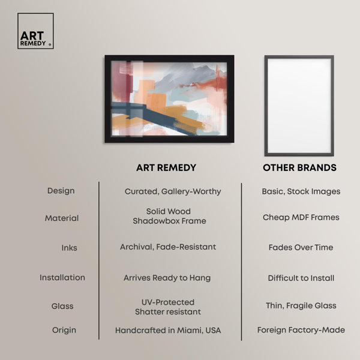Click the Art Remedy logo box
pyautogui.click(x=35, y=31)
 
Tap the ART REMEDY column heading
pyautogui.click(x=166, y=167)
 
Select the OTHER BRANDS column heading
pyautogui.click(x=299, y=167)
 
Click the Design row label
pyautogui.click(x=61, y=191)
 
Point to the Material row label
pyautogui.click(x=62, y=218)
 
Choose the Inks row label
pyautogui.click(x=70, y=248)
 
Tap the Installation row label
pyautogui.click(x=62, y=278)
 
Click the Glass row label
pyautogui.click(x=62, y=306)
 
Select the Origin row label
pyautogui.click(x=64, y=330)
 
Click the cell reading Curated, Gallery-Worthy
pyautogui.click(x=173, y=191)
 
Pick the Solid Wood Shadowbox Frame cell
pyautogui.click(x=169, y=216)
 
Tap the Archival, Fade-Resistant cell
pyautogui.click(x=168, y=247)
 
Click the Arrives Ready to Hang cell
pyautogui.click(x=167, y=278)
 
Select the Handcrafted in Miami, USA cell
pyautogui.click(x=168, y=331)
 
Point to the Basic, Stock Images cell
pyautogui.click(x=301, y=191)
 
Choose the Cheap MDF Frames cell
pyautogui.click(x=301, y=217)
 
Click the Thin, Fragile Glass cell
pyautogui.click(x=301, y=305)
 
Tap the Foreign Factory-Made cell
pyautogui.click(x=301, y=330)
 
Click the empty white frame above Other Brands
pyautogui.click(x=266, y=106)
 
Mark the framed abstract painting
pyautogui.click(x=169, y=99)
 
